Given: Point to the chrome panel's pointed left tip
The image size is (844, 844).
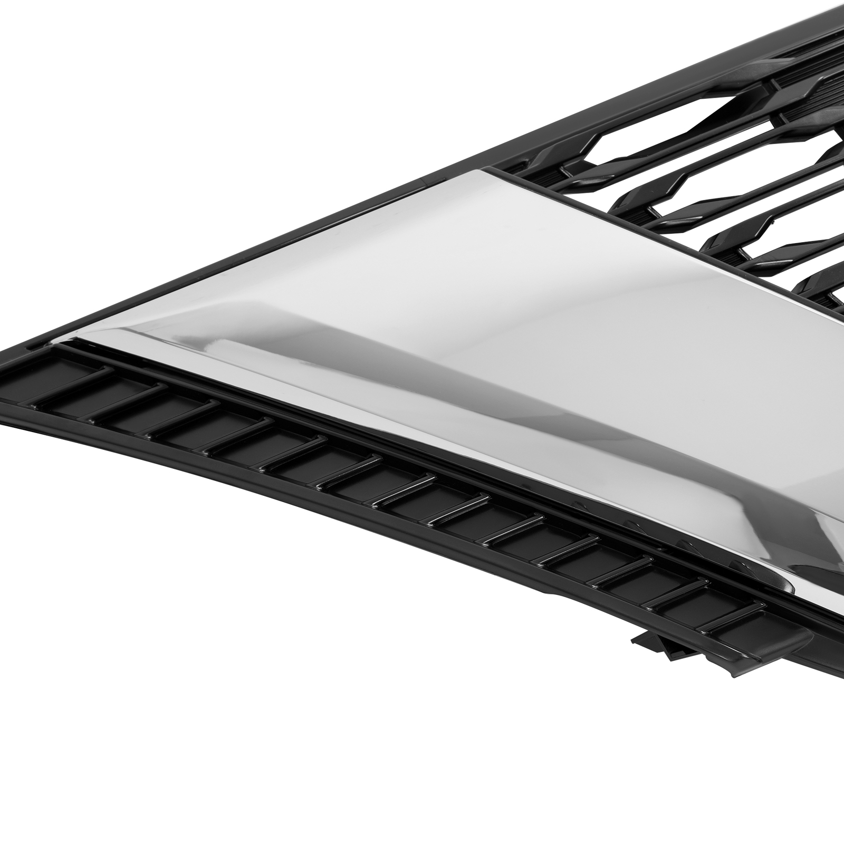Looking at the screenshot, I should pyautogui.click(x=69, y=338).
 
